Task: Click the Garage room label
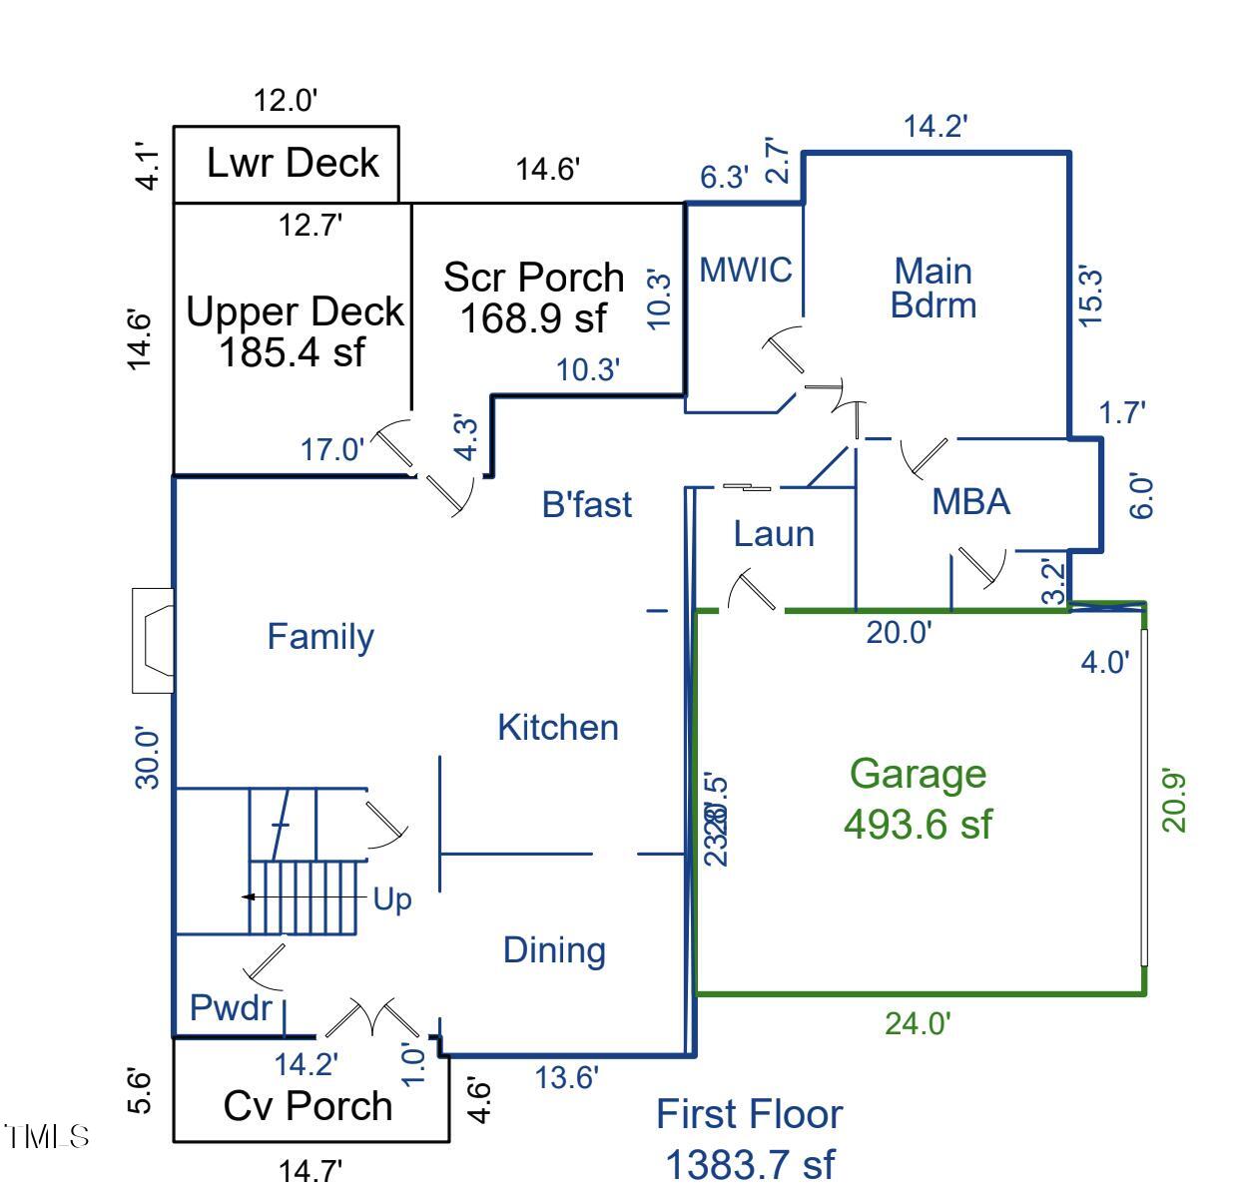click(918, 774)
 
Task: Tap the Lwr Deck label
click(293, 162)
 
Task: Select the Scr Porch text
click(533, 277)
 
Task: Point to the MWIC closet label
click(745, 269)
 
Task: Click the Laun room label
click(774, 534)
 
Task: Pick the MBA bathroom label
click(970, 501)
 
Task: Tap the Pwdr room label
click(231, 1007)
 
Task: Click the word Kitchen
click(558, 727)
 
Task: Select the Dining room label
click(554, 949)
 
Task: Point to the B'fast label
click(587, 504)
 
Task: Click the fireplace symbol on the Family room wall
click(154, 640)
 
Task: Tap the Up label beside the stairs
click(392, 899)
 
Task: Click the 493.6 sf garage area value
click(918, 824)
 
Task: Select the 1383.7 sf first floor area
click(749, 1164)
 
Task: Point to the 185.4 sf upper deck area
click(293, 351)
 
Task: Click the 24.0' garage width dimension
click(918, 1023)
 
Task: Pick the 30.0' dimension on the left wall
click(147, 759)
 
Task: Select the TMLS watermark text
click(47, 1136)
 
